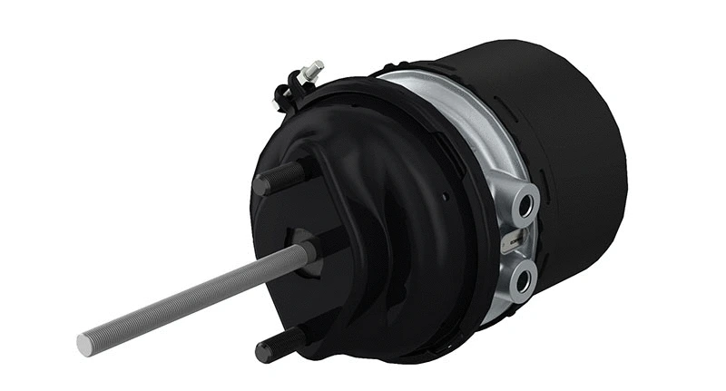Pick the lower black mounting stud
282,343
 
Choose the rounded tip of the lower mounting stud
262,350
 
